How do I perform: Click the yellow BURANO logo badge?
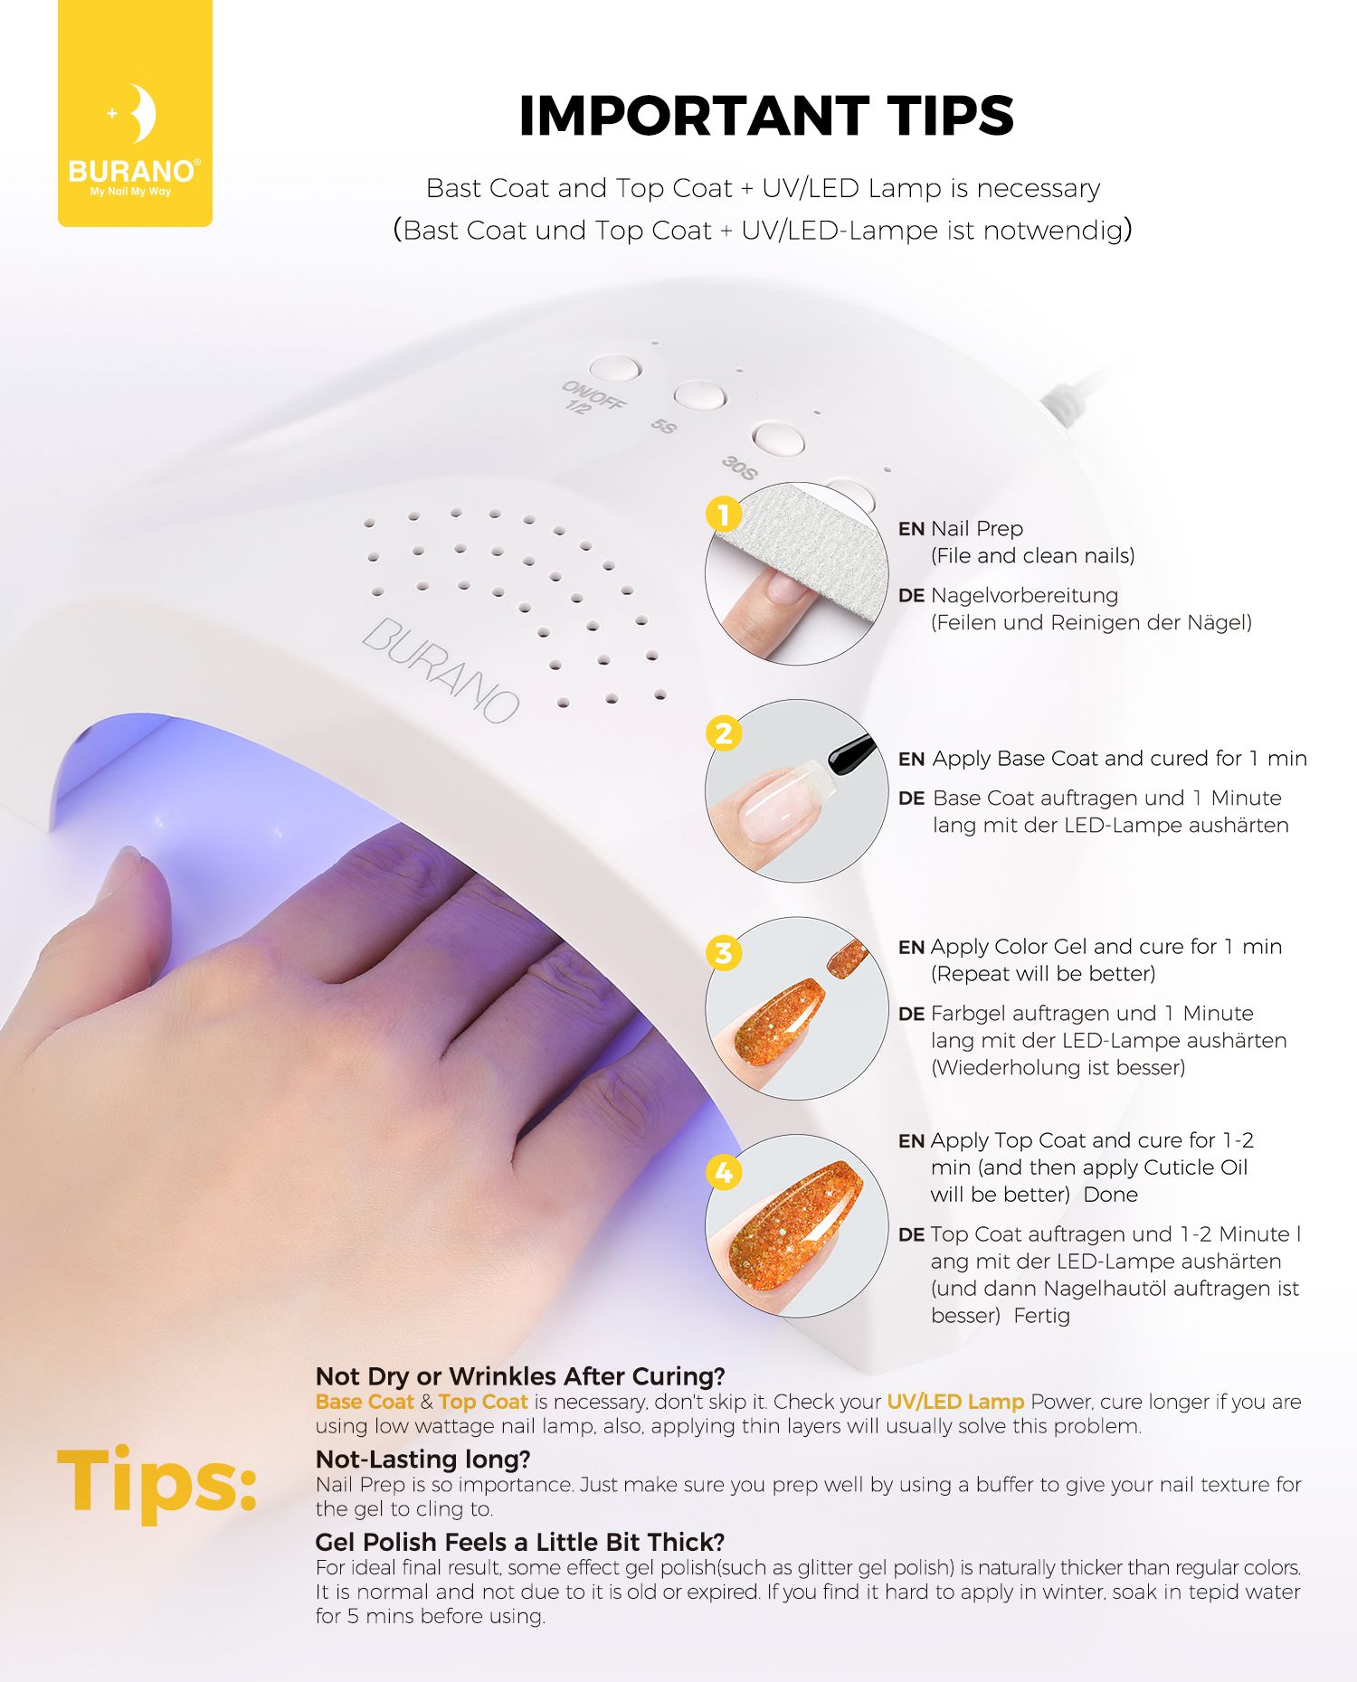[x=135, y=113]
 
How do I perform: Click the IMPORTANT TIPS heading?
[x=766, y=116]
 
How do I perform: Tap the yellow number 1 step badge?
[x=724, y=515]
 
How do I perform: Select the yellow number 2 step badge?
[x=724, y=733]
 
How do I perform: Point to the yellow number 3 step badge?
[x=724, y=953]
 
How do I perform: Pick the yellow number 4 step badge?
[x=724, y=1173]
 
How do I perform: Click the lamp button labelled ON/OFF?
[x=614, y=368]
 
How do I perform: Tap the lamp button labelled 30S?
[x=778, y=439]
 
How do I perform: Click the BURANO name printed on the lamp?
[x=441, y=669]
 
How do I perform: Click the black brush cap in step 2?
[x=851, y=753]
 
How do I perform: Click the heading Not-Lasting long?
[x=422, y=1459]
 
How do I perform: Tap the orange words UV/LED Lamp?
[x=955, y=1402]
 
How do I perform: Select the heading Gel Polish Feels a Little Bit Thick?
[x=520, y=1542]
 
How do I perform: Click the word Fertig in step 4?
[x=1041, y=1316]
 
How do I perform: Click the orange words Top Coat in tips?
[x=483, y=1402]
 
